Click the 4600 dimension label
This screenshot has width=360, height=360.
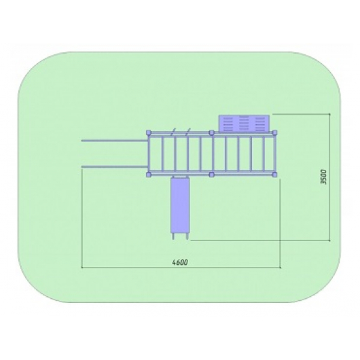pyautogui.click(x=180, y=262)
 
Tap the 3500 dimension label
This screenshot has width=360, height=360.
pyautogui.click(x=323, y=177)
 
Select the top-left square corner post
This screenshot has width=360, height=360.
pyautogui.click(x=149, y=132)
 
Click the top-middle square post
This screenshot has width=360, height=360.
pyautogui.click(x=212, y=132)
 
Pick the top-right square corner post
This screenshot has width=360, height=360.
pyautogui.click(x=274, y=132)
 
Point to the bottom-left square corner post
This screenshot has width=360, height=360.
pyautogui.click(x=149, y=175)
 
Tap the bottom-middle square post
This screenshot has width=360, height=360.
pyautogui.click(x=212, y=175)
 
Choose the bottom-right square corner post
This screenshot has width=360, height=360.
pyautogui.click(x=274, y=175)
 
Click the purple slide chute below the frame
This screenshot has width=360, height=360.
pyautogui.click(x=180, y=205)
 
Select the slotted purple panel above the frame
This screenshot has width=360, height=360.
pyautogui.click(x=244, y=124)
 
